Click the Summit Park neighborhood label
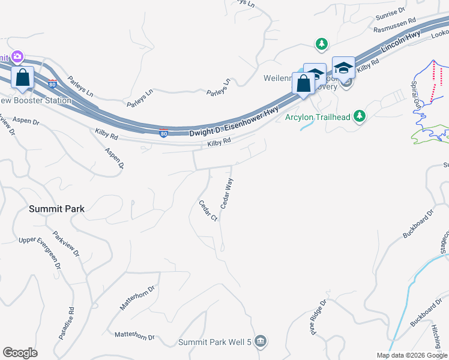(57, 209)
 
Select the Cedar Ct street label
(208, 211)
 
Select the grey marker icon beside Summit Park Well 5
(260, 342)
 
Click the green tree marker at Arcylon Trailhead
(360, 116)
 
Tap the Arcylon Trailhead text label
(317, 116)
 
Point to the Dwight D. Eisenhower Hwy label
(234, 127)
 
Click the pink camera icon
(17, 57)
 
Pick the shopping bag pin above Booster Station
(23, 79)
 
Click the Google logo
(20, 353)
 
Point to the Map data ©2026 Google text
(412, 355)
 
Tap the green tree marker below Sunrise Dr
(322, 44)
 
